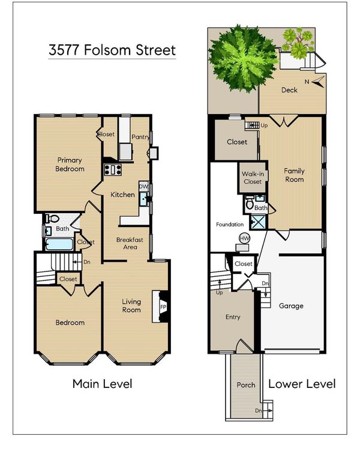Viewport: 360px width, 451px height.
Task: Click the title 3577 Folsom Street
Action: click(112, 50)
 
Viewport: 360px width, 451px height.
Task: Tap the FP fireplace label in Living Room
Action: click(163, 307)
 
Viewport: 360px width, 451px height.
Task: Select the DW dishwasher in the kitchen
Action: click(143, 186)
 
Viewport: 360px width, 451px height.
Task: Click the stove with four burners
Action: click(113, 169)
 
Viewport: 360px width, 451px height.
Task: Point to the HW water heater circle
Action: click(245, 238)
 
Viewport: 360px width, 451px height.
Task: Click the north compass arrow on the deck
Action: click(319, 82)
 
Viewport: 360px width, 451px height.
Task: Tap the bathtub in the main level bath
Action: click(59, 244)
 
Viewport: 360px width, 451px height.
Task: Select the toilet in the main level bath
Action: click(52, 219)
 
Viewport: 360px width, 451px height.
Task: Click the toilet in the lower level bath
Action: click(250, 204)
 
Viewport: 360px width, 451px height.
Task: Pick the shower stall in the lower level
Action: click(258, 222)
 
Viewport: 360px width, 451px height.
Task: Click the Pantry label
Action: click(140, 137)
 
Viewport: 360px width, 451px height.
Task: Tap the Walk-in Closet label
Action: click(253, 178)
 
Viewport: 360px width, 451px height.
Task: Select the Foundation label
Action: click(230, 225)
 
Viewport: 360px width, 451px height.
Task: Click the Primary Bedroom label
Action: click(70, 164)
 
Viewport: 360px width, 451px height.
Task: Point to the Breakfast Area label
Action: click(130, 243)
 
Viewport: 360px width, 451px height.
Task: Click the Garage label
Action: click(291, 306)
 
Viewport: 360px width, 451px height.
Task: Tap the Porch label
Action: click(246, 385)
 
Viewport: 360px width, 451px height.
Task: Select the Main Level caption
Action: click(102, 384)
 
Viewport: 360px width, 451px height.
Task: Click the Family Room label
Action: click(294, 175)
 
